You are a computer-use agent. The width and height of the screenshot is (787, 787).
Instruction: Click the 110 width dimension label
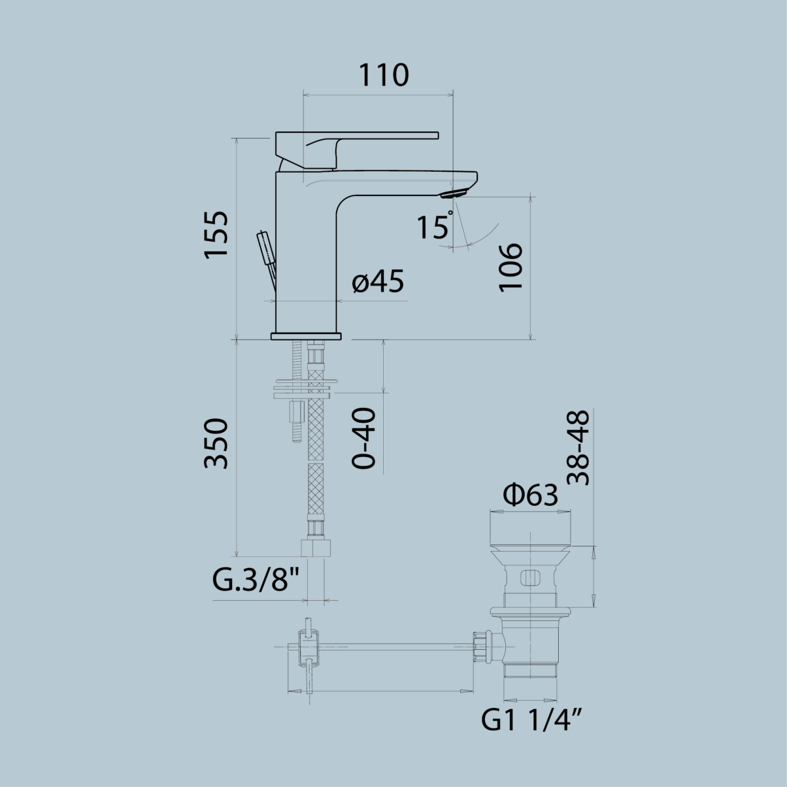[x=383, y=75]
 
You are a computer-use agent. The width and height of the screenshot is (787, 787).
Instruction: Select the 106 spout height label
[x=511, y=267]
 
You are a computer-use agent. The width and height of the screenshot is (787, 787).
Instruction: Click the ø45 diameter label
[x=378, y=282]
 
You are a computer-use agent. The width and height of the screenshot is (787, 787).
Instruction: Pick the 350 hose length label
[x=217, y=443]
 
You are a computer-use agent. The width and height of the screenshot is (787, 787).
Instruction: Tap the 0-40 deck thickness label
[x=364, y=438]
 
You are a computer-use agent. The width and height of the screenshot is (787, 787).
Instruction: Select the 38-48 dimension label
[x=578, y=448]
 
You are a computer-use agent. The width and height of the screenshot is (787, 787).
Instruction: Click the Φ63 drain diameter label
[x=530, y=495]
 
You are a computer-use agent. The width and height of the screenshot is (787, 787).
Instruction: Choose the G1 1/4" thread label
[x=532, y=721]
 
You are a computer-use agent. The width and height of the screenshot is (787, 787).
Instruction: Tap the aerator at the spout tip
[x=455, y=193]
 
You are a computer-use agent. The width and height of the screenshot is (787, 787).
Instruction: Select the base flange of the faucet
[x=306, y=336]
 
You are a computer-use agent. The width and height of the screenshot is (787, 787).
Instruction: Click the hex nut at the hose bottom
[x=316, y=548]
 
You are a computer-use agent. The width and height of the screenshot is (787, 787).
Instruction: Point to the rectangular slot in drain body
[x=530, y=578]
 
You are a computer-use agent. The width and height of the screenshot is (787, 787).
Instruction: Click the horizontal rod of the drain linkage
[x=392, y=646]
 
